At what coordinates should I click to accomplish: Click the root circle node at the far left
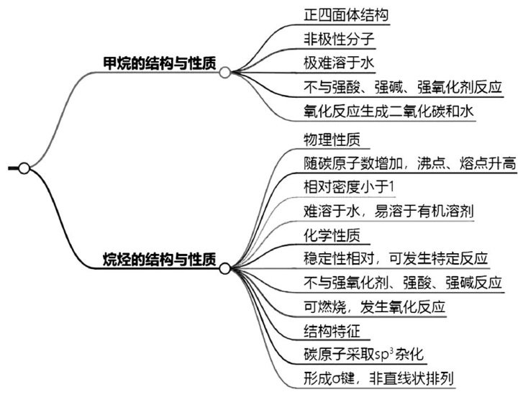click(24, 168)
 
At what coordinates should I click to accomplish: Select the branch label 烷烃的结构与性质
click(160, 258)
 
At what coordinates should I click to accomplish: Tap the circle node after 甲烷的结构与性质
click(224, 72)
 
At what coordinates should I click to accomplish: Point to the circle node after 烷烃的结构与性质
click(224, 268)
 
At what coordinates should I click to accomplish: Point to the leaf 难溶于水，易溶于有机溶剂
click(388, 211)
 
